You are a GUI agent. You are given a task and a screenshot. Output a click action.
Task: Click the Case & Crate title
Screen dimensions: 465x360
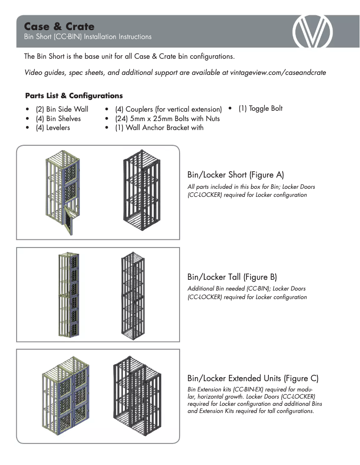[59, 26]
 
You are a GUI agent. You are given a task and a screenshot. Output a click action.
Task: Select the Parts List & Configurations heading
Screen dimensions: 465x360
[74, 96]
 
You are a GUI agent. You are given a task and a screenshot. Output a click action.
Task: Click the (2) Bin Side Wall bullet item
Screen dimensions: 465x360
[61, 109]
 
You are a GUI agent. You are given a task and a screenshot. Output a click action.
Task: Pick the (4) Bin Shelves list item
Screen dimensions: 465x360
[58, 118]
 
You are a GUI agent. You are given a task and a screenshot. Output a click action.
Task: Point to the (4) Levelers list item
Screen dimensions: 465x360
[53, 128]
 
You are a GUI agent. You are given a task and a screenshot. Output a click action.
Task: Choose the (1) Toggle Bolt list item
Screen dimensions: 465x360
[260, 109]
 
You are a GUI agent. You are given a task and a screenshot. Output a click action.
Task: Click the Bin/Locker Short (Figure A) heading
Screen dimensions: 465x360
[235, 174]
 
